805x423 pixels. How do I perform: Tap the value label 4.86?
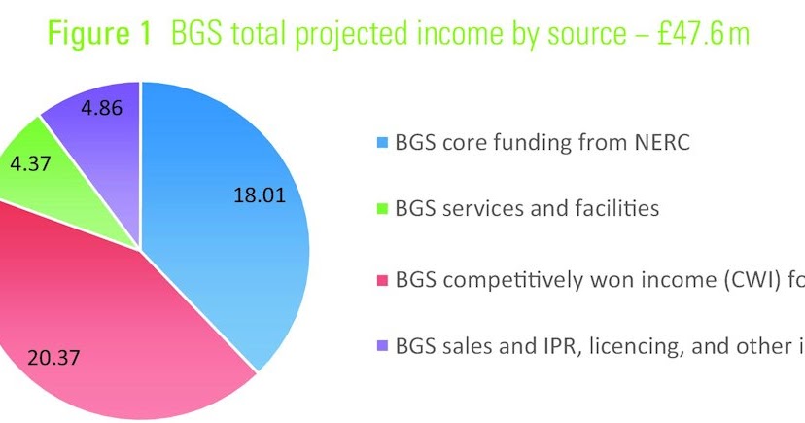(x=103, y=108)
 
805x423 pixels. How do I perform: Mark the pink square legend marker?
(x=382, y=280)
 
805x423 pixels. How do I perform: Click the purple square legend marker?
(x=382, y=347)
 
